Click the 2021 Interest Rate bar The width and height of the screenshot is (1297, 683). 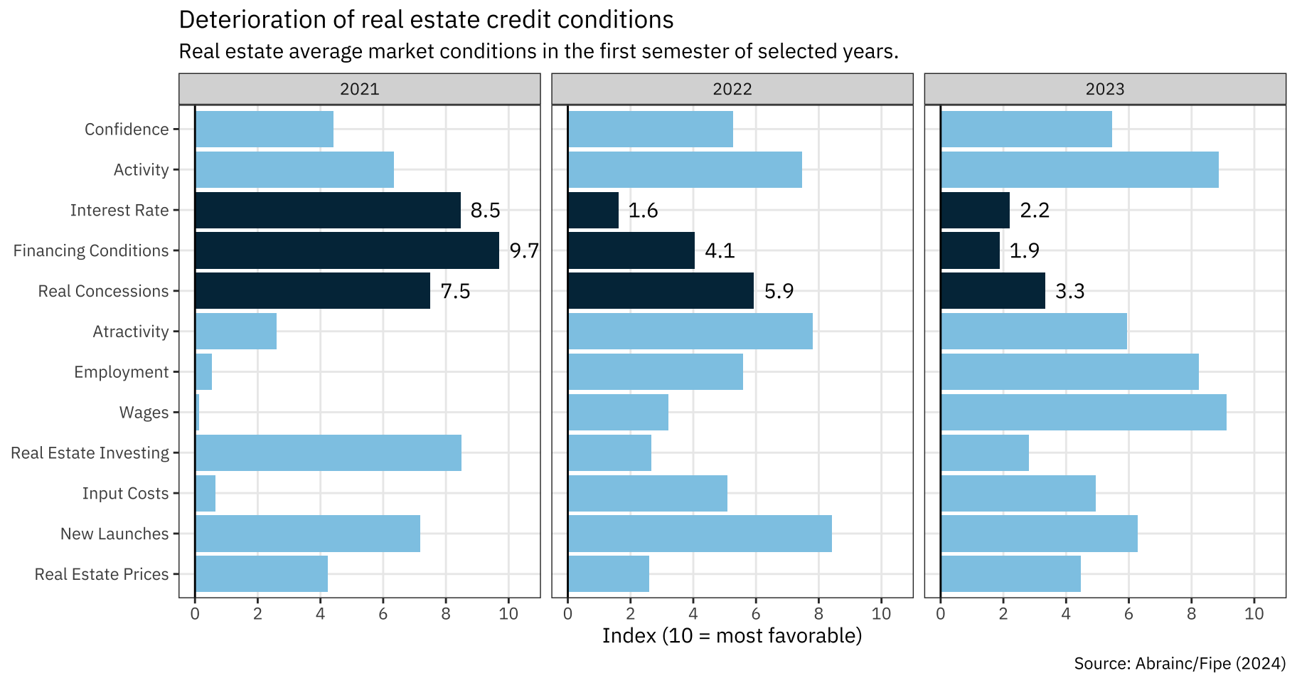[328, 210]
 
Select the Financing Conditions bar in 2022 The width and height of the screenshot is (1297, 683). [631, 250]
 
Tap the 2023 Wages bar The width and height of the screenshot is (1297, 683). [1084, 412]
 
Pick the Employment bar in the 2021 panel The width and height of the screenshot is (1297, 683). [203, 371]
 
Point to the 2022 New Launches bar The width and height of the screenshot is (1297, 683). [700, 534]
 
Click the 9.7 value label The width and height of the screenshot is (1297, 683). [524, 250]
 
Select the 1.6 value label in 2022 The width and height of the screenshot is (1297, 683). [643, 211]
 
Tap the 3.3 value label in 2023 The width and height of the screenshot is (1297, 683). [1069, 291]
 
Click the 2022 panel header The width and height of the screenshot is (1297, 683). [732, 89]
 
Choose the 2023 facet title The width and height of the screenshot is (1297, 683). [1105, 89]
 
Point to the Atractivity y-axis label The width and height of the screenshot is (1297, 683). [131, 332]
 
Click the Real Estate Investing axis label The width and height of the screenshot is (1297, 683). [90, 453]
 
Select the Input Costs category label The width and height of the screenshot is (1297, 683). [125, 494]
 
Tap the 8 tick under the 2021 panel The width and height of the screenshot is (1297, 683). [446, 614]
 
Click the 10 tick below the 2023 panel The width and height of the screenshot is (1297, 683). [1254, 614]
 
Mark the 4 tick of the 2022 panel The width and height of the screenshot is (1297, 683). [693, 614]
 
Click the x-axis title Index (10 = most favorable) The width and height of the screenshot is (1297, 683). [732, 635]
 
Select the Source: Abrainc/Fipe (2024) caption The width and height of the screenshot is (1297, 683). [1180, 664]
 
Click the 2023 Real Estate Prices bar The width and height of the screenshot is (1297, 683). [1010, 573]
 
